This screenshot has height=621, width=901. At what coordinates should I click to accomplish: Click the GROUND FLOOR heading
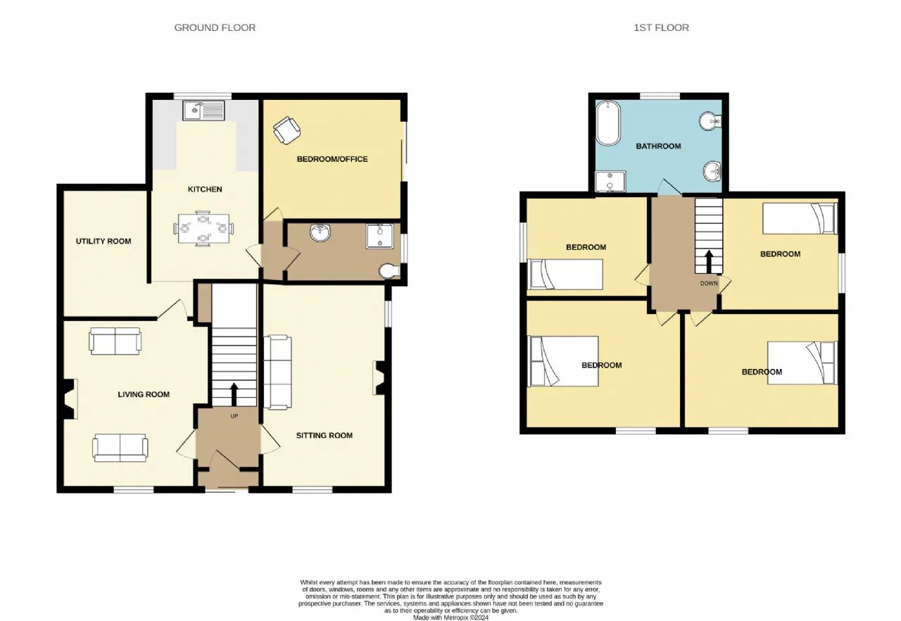tap(215, 27)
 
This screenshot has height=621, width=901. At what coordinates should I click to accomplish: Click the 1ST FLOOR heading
tap(661, 27)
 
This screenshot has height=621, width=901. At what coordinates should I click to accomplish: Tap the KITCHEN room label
tap(205, 189)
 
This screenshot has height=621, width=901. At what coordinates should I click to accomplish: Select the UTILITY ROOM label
tap(103, 241)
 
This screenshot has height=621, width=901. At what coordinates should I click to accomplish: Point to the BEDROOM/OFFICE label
tap(332, 159)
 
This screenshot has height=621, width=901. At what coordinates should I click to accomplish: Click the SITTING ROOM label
tap(325, 436)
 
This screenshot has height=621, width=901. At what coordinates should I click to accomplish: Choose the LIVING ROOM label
tap(144, 394)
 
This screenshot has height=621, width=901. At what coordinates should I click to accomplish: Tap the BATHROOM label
tap(658, 146)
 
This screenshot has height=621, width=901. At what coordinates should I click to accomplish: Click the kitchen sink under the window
tap(203, 111)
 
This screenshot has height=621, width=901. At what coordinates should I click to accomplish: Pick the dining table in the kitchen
tap(203, 228)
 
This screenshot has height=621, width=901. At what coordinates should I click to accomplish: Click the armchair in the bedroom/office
tap(286, 130)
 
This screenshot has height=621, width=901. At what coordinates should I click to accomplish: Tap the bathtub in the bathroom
tap(607, 123)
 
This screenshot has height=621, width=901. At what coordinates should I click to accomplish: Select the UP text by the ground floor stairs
tap(234, 416)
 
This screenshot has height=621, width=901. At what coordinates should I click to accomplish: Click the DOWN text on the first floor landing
tap(709, 284)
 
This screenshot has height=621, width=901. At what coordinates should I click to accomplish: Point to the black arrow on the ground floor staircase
tap(234, 394)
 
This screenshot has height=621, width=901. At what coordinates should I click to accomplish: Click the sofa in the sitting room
tap(277, 372)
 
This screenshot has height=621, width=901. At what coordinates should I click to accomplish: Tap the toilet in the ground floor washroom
tap(389, 271)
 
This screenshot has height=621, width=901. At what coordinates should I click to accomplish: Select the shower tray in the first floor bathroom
tap(610, 182)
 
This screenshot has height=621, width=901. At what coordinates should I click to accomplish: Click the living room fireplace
tap(69, 399)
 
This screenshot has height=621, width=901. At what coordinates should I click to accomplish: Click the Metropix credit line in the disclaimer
tap(450, 617)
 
